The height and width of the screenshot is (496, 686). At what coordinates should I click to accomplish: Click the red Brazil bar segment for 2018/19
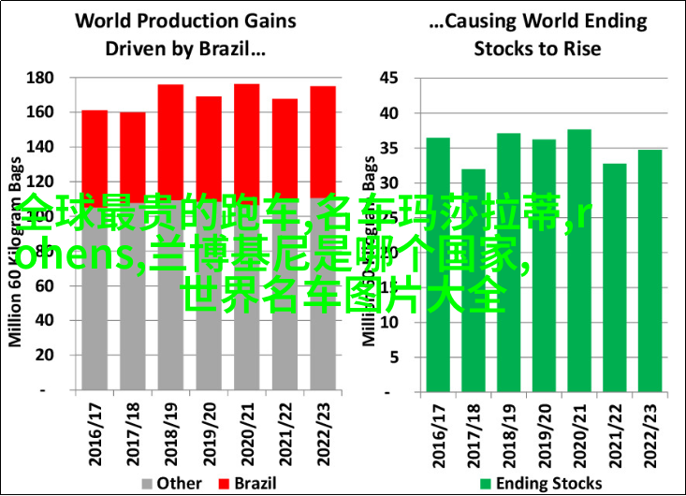coord(170,140)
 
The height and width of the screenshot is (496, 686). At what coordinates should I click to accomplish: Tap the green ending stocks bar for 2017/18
coord(474,281)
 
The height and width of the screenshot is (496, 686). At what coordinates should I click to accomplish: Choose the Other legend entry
coord(172,483)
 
